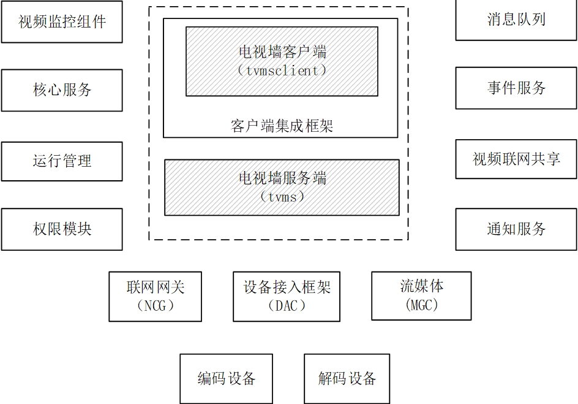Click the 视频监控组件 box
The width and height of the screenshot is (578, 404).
62,22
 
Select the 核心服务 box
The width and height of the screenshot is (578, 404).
62,90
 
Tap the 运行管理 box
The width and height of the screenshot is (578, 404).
62,161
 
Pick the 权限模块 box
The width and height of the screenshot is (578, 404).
62,229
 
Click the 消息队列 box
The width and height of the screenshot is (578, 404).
516,20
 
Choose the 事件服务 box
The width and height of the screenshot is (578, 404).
516,88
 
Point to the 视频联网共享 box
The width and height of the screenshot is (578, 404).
516,159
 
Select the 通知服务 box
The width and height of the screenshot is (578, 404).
516,229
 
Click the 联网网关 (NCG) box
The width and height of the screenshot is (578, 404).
156,297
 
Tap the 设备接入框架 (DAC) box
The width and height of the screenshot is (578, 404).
287,297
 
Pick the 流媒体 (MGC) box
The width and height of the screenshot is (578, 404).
422,296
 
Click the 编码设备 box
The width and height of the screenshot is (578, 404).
226,379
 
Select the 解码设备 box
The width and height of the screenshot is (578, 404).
347,379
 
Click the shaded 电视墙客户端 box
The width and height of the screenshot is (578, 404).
282,61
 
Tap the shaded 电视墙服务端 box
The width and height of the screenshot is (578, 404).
282,188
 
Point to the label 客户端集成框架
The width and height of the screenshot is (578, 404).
282,127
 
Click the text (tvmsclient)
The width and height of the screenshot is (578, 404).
282,71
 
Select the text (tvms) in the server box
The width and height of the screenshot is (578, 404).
282,197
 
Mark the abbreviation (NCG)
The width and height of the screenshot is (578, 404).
156,305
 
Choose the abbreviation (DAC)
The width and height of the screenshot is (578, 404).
287,305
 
